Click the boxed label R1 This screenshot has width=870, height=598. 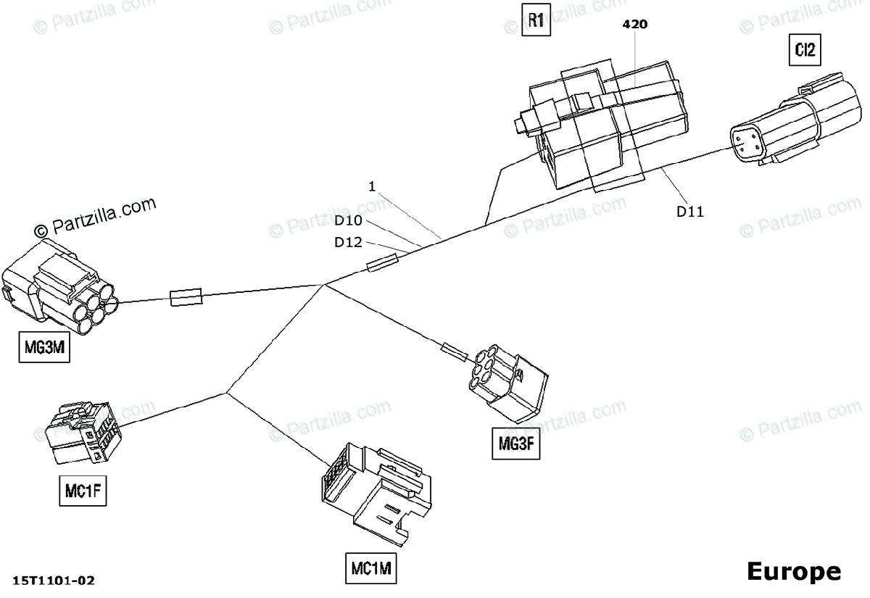click(536, 20)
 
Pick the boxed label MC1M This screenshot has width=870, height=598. click(372, 569)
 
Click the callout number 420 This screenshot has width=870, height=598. click(635, 24)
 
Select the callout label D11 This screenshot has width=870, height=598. click(689, 212)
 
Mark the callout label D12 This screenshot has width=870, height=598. click(348, 242)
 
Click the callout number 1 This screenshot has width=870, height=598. click(372, 186)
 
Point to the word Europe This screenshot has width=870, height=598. click(794, 571)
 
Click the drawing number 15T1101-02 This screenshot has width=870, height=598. click(54, 581)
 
